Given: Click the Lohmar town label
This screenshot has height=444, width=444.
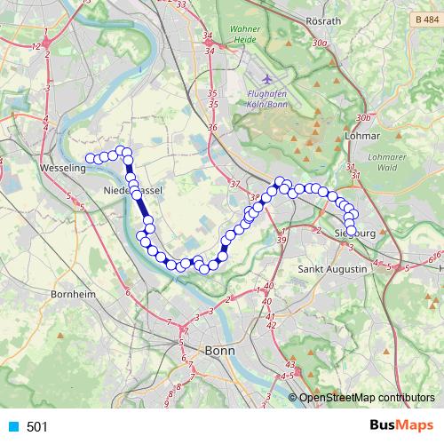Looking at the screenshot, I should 361,137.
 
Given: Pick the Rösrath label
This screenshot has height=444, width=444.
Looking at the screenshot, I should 347,20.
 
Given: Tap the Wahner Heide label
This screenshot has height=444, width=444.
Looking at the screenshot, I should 245,34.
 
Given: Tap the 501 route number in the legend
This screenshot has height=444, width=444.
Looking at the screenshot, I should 37,427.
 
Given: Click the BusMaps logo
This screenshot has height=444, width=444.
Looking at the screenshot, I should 398,426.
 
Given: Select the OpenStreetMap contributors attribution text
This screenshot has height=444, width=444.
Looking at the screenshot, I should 366,398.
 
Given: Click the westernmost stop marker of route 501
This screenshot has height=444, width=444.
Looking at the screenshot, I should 89,158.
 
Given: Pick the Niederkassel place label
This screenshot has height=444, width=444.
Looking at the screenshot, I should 132,191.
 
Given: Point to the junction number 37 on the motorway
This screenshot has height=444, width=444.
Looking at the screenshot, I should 234,184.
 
